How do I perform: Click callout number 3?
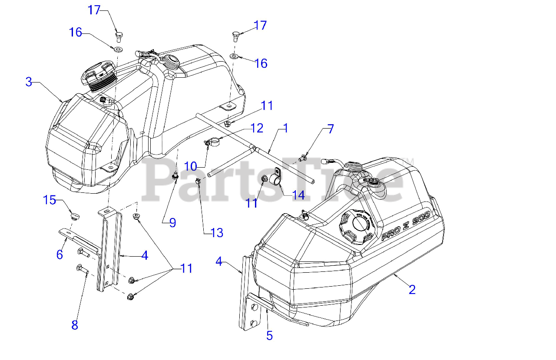pyautogui.click(x=29, y=82)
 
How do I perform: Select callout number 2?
pyautogui.click(x=412, y=289)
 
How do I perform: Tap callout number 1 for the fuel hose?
pyautogui.click(x=285, y=128)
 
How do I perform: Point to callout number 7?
pyautogui.click(x=331, y=129)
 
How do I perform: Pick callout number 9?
pyautogui.click(x=172, y=223)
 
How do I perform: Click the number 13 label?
pyautogui.click(x=216, y=233)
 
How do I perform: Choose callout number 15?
pyautogui.click(x=50, y=200)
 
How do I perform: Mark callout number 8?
pyautogui.click(x=75, y=325)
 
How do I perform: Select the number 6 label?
pyautogui.click(x=60, y=254)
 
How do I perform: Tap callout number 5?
pyautogui.click(x=269, y=335)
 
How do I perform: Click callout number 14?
pyautogui.click(x=298, y=195)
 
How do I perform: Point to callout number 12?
pyautogui.click(x=257, y=128)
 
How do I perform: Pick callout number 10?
pyautogui.click(x=191, y=166)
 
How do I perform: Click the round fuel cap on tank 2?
pyautogui.click(x=356, y=225)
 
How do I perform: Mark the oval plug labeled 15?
pyautogui.click(x=76, y=215)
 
